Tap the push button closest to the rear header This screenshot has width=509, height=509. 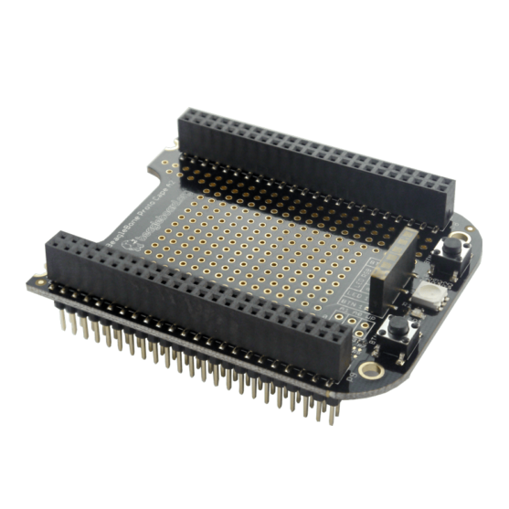[451, 257]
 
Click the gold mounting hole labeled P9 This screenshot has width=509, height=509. [370, 370]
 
